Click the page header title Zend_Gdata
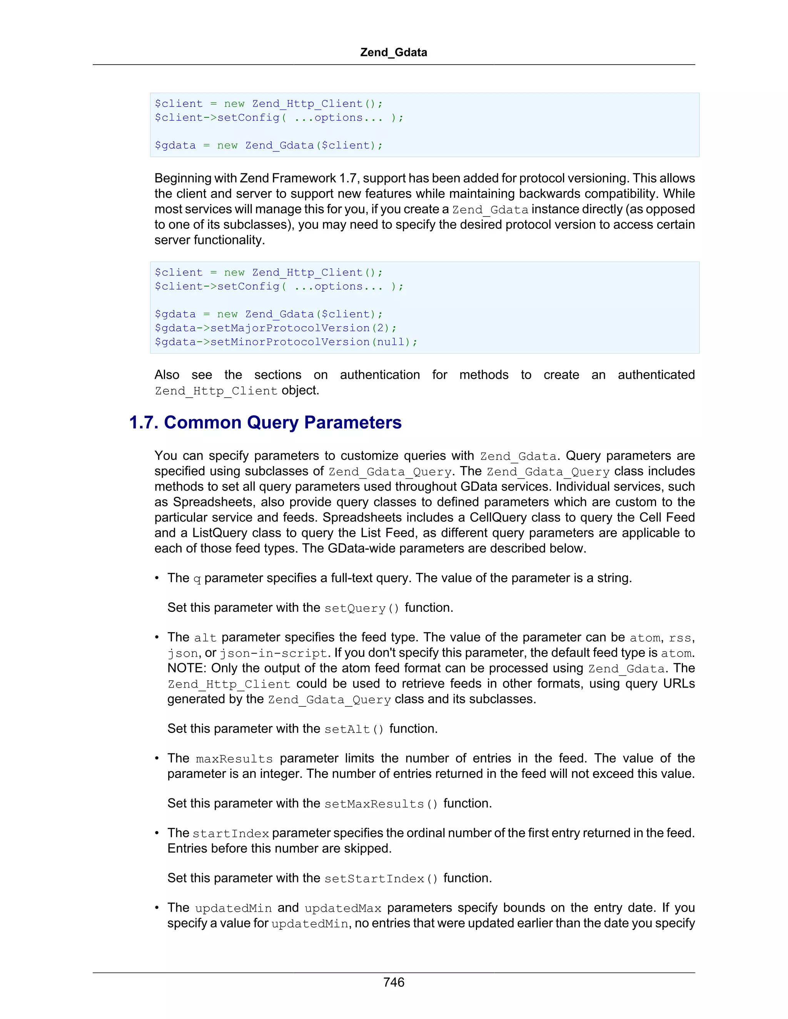point(394,52)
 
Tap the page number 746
point(394,982)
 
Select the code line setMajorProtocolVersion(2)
point(275,328)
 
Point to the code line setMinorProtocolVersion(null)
point(286,342)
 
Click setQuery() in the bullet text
point(362,608)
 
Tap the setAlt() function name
point(354,729)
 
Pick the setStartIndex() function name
point(381,878)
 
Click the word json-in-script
point(274,653)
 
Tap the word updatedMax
point(343,908)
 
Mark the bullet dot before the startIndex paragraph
point(157,833)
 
